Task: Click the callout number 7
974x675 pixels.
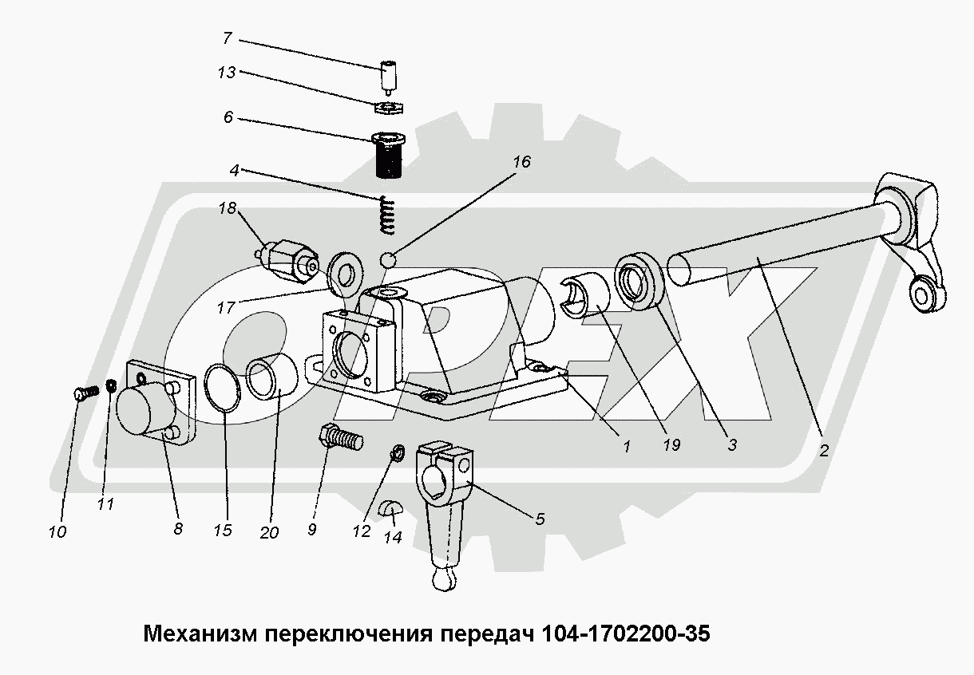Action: point(227,37)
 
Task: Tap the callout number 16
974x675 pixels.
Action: point(521,162)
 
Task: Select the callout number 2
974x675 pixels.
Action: point(823,451)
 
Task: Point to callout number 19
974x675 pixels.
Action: point(671,445)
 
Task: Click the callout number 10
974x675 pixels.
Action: point(57,532)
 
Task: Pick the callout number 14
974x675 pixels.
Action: point(392,537)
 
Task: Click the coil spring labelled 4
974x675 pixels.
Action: point(387,215)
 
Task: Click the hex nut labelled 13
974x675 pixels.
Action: point(389,107)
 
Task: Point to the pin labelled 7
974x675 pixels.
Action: point(389,77)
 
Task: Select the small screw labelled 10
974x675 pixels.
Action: point(83,392)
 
